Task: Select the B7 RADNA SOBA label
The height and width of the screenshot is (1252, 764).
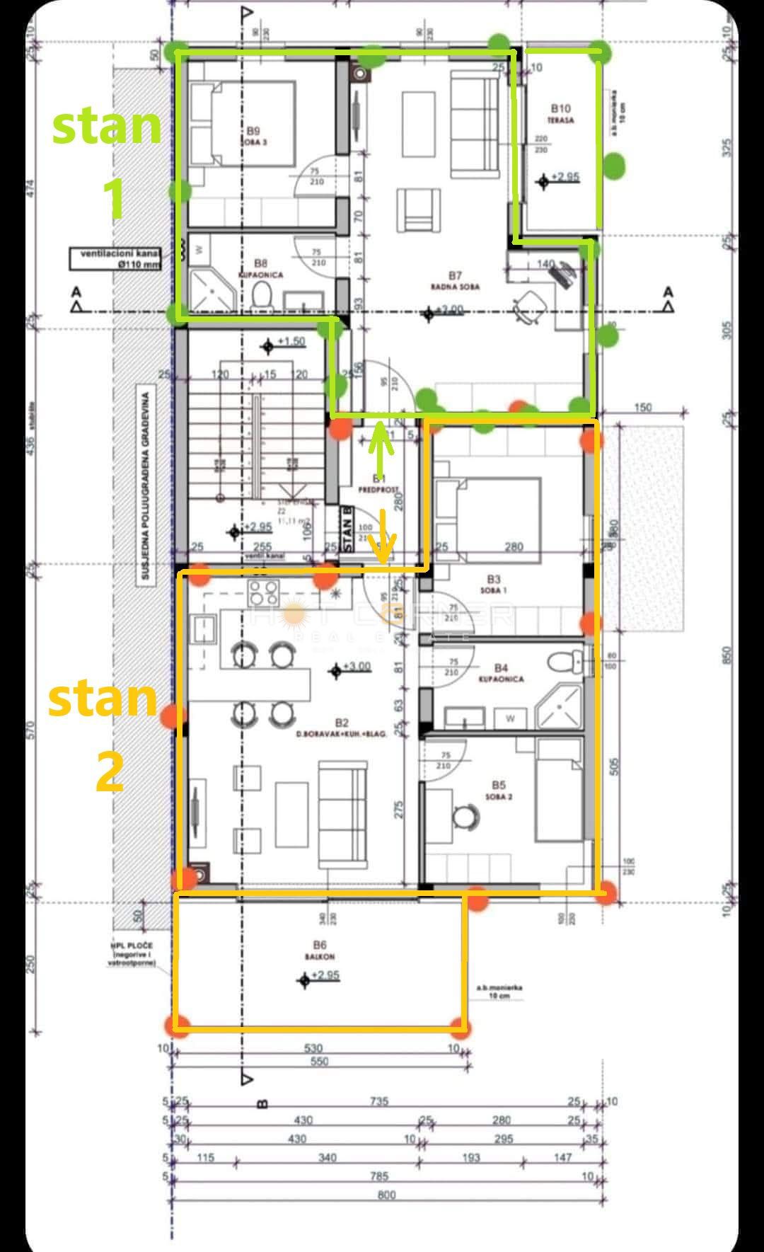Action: click(455, 280)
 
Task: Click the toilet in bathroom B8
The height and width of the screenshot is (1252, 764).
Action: click(263, 295)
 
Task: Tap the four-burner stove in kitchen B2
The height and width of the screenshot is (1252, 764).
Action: click(263, 591)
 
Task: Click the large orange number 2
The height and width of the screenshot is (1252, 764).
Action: click(110, 771)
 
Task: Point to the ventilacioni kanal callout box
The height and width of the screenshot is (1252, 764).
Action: click(115, 258)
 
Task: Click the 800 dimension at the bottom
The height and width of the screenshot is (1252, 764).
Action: click(387, 1195)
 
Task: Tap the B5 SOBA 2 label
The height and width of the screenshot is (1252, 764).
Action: click(499, 790)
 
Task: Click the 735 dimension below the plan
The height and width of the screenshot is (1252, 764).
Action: click(380, 1101)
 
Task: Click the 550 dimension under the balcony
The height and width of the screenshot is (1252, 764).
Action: click(320, 1062)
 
